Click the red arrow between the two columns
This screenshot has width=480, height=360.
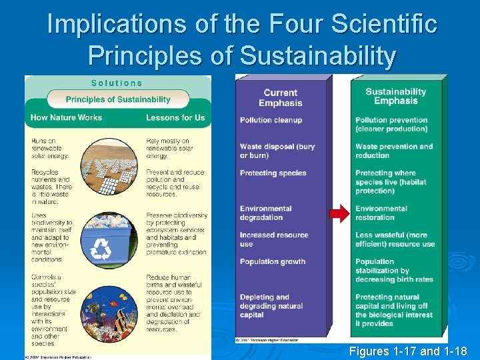(x=340, y=213)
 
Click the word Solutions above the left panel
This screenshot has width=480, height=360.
(x=117, y=83)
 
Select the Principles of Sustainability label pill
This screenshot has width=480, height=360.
(x=118, y=99)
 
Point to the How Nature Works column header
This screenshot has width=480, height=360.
(x=66, y=117)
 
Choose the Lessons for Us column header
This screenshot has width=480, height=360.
(x=175, y=117)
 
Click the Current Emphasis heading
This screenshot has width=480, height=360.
(x=281, y=98)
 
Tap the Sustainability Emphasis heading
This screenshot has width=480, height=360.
(x=395, y=97)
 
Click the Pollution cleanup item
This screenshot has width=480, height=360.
(x=271, y=120)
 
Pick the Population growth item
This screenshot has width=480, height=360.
(x=273, y=261)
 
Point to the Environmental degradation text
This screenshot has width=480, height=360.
(x=266, y=213)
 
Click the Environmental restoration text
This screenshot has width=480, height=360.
(x=381, y=213)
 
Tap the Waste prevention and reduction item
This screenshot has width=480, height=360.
(x=393, y=151)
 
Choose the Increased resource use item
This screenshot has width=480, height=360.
(x=274, y=239)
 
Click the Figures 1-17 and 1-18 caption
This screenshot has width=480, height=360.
(x=407, y=351)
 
